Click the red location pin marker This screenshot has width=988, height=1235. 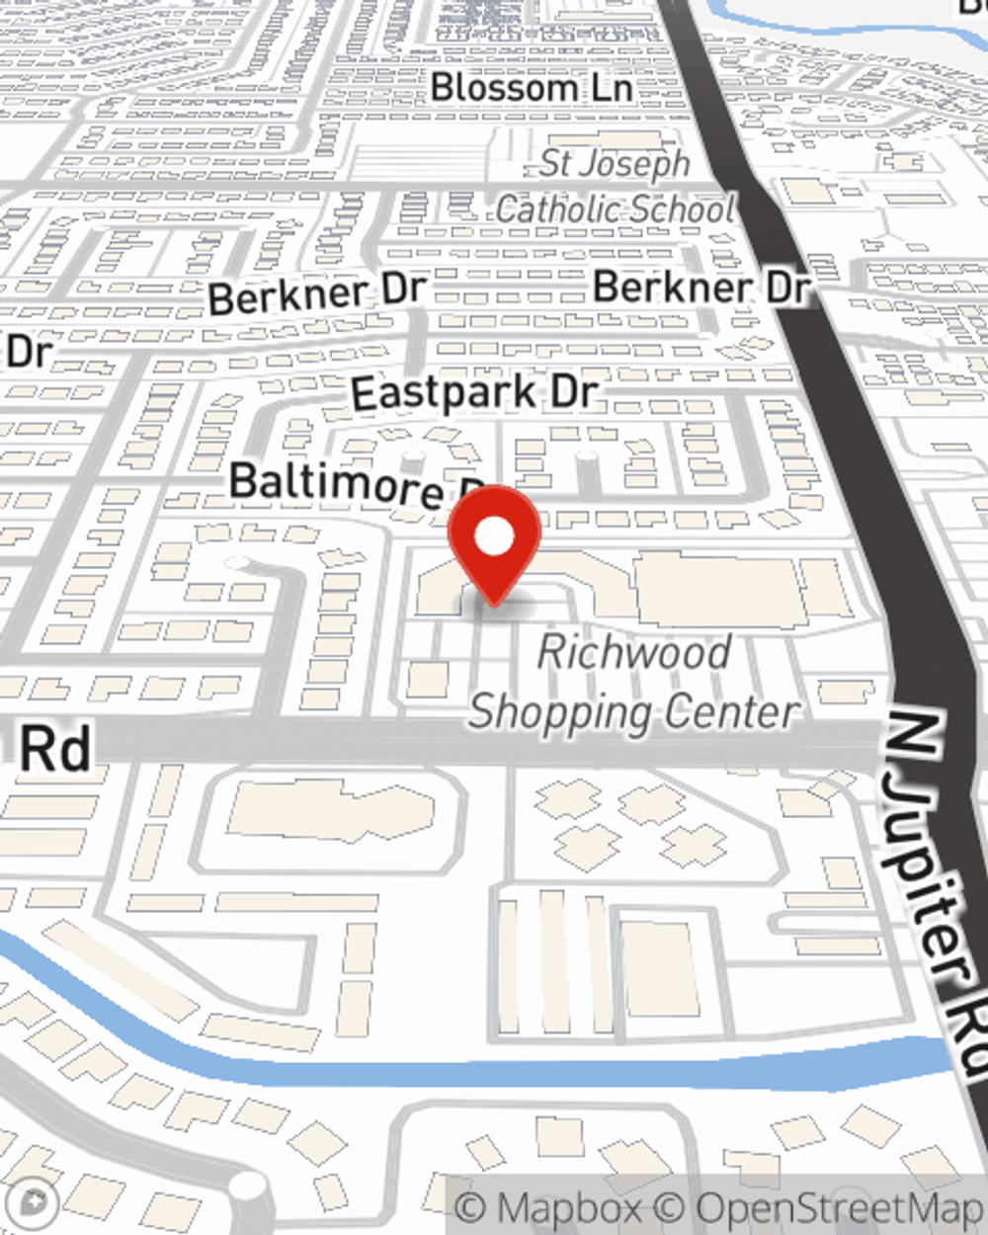[494, 543]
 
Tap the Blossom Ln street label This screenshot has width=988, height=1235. [531, 87]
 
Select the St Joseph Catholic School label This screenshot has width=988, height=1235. [615, 186]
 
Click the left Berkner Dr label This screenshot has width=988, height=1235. [317, 293]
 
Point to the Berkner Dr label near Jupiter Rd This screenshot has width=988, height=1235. [701, 288]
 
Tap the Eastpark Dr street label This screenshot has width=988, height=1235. [474, 393]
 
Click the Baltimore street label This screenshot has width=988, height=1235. [336, 484]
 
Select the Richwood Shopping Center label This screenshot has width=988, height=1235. [634, 682]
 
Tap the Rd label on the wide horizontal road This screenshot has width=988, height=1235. [55, 749]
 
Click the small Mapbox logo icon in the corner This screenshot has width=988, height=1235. [34, 1203]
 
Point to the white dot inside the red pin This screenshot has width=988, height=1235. [494, 538]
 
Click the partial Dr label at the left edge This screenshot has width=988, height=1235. [28, 351]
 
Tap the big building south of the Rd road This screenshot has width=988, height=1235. [331, 810]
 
